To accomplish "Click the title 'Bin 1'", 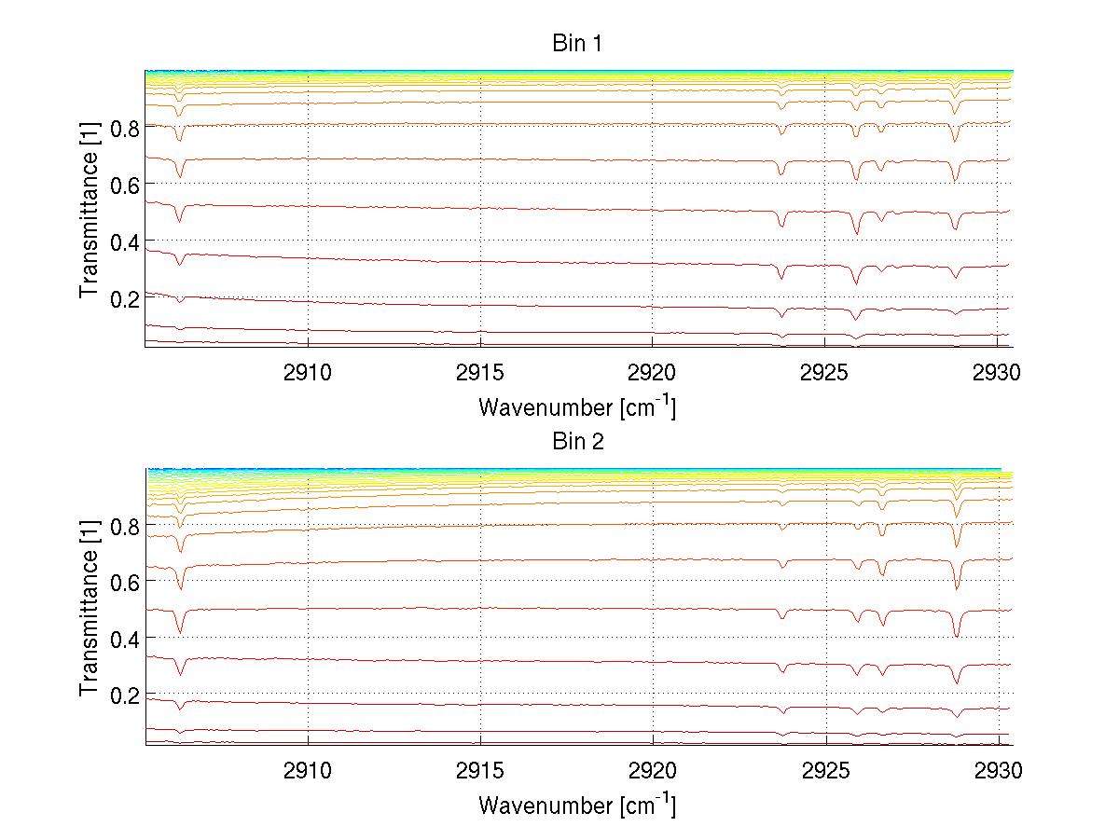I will tap(577, 44).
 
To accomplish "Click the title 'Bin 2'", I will tap(577, 441).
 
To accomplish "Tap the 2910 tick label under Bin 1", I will tap(308, 373).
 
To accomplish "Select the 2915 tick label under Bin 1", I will tap(480, 373).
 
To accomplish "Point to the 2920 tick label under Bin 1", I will tap(652, 373).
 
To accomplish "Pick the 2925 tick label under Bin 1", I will tap(825, 373).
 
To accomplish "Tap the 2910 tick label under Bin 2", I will tap(308, 770).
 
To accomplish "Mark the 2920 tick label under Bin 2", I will tap(652, 770).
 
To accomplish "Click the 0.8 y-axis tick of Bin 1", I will tap(124, 128).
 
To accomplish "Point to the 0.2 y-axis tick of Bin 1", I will tap(124, 298).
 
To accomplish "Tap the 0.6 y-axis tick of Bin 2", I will tap(124, 581).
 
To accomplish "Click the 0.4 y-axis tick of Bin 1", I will tap(124, 241).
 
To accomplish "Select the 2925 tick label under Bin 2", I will tap(825, 770).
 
